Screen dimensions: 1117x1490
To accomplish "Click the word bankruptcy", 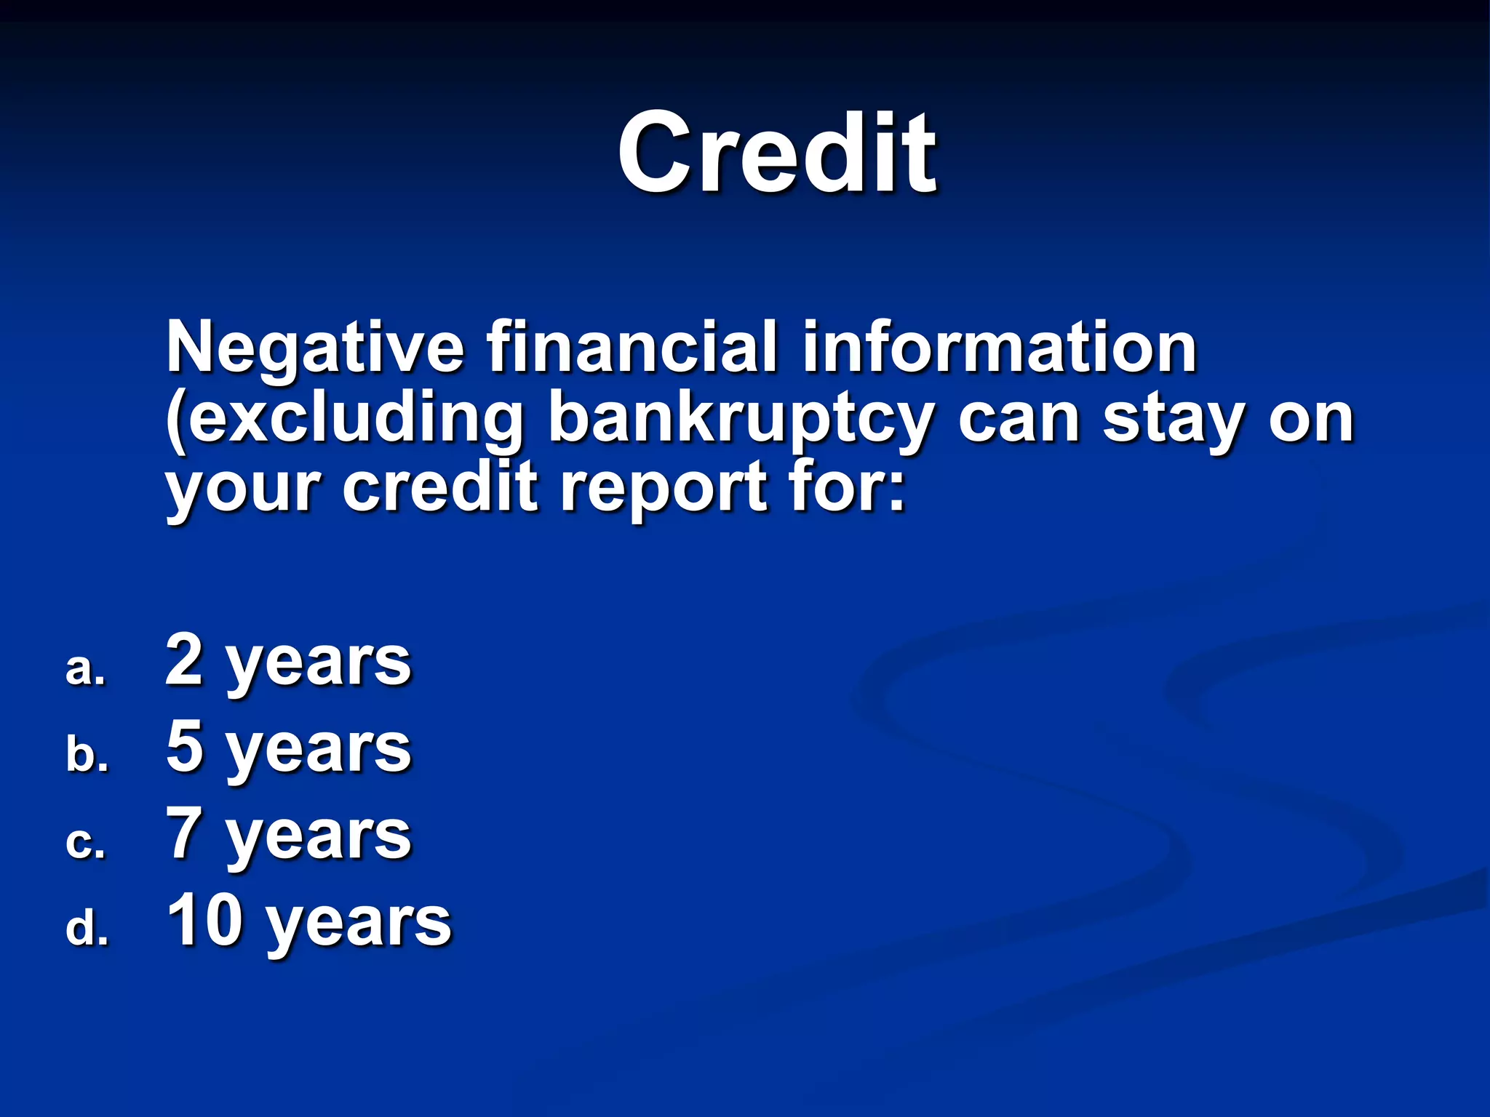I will [739, 420].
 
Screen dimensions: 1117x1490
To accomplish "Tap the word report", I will [664, 489].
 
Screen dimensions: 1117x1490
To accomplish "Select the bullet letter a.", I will [85, 670].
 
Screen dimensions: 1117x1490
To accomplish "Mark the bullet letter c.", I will [85, 843].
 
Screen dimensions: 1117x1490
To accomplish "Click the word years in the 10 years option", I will [359, 925].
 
